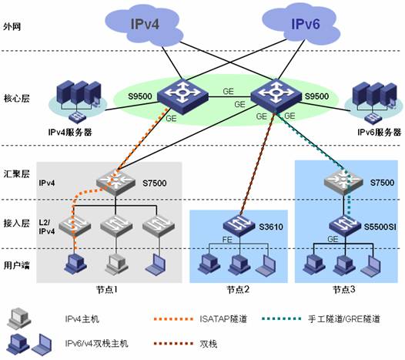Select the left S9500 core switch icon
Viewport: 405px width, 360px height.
[x=183, y=96]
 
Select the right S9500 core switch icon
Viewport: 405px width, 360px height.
[x=276, y=96]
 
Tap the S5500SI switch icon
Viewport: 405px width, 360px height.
[x=345, y=225]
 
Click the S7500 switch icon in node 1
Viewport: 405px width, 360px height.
[x=115, y=182]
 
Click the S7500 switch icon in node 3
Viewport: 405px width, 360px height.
[x=343, y=181]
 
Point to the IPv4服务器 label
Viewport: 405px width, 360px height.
[x=70, y=132]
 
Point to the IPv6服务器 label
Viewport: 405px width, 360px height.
[x=379, y=132]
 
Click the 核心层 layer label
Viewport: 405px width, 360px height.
[x=16, y=98]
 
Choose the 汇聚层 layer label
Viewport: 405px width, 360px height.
[x=16, y=173]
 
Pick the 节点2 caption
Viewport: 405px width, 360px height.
[x=238, y=289]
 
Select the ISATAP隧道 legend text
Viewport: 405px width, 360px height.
[x=223, y=319]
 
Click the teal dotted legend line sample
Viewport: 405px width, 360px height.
[x=281, y=318]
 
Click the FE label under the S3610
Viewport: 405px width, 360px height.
[x=227, y=240]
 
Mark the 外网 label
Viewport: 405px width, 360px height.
[x=12, y=26]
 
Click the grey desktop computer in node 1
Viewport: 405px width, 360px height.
[x=117, y=264]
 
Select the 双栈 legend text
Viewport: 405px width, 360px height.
[x=209, y=344]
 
